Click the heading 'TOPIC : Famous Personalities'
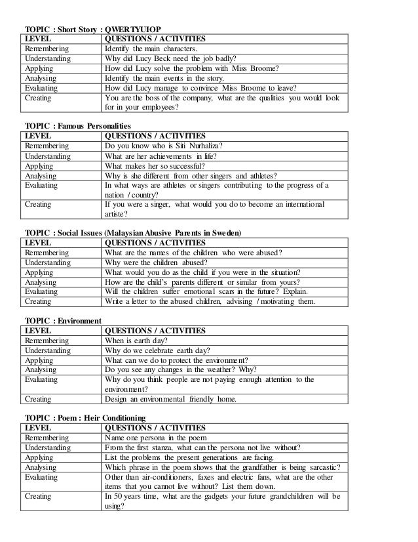coord(77,125)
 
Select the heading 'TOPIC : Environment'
coord(62,321)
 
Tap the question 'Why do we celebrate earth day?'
coord(155,350)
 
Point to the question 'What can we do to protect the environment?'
coord(176,360)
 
